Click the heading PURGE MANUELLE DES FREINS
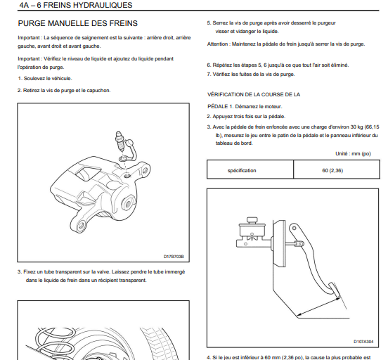tap(78, 23)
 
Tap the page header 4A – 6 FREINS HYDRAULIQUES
tap(76, 5)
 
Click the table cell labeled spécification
tap(242, 171)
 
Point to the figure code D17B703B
tap(174, 257)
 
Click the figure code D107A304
tap(363, 342)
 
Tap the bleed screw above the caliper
tap(119, 141)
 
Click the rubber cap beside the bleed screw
tap(129, 150)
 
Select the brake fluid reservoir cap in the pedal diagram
tap(252, 220)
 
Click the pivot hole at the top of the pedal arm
tap(294, 228)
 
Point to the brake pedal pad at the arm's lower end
tap(335, 289)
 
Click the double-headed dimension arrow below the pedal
tap(318, 307)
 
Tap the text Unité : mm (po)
tap(353, 154)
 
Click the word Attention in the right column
tap(218, 44)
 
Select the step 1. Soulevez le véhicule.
tap(45, 79)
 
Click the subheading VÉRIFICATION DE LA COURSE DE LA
tap(254, 95)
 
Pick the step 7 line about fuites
tap(251, 75)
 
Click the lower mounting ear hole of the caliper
tap(81, 226)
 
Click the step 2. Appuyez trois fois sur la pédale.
tap(246, 117)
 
